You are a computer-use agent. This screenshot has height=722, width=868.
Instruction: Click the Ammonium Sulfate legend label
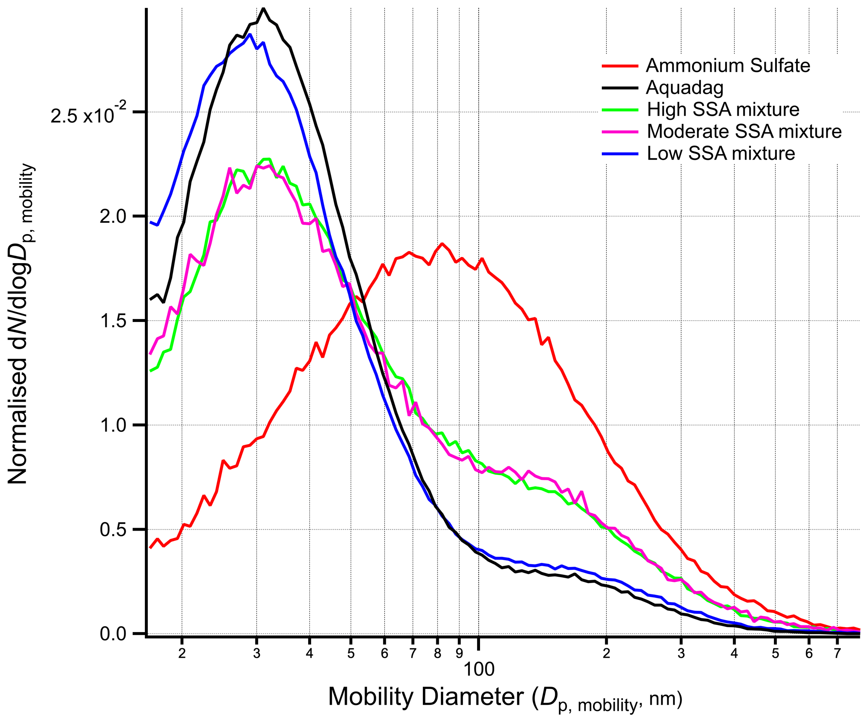tap(728, 65)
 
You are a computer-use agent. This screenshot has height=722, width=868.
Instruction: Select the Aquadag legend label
tap(684, 88)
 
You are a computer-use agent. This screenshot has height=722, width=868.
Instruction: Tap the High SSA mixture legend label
tap(723, 110)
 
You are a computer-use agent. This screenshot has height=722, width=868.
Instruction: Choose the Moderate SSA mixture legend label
tap(744, 131)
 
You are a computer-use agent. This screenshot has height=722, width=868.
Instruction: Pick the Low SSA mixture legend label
tap(721, 154)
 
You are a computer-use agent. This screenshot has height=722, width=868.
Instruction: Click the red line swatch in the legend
tap(620, 66)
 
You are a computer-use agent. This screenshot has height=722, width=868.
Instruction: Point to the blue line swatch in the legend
tap(620, 154)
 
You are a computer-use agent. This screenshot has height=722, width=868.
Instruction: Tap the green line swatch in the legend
tap(620, 110)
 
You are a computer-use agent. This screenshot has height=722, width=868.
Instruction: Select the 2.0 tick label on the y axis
tap(113, 217)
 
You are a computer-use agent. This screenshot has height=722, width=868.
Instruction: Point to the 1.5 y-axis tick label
tap(113, 321)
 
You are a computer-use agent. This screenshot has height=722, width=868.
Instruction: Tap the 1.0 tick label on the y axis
tap(113, 425)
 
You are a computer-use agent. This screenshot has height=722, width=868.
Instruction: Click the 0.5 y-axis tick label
tap(113, 530)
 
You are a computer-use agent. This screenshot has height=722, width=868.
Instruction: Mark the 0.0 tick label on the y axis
tap(113, 634)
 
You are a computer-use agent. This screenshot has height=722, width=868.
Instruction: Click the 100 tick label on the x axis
tap(479, 670)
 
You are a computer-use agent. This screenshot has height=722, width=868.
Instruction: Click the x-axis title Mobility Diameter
tap(505, 698)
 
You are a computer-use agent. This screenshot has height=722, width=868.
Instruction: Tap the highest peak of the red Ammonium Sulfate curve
tap(442, 243)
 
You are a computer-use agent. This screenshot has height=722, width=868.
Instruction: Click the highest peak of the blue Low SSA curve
tap(250, 34)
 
